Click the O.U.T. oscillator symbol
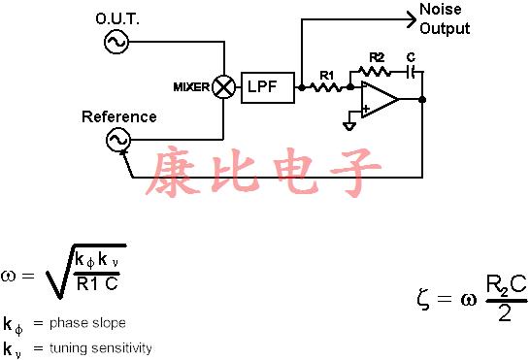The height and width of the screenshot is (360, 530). [116, 42]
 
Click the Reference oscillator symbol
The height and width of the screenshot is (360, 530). [117, 141]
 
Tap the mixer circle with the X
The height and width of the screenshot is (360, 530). [224, 87]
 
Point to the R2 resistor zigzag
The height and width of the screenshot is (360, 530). [376, 71]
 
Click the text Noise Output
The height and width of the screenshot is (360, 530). [445, 19]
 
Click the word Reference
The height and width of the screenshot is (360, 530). [118, 116]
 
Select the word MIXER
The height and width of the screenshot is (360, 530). [191, 87]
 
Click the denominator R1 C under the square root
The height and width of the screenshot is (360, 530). [98, 284]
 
